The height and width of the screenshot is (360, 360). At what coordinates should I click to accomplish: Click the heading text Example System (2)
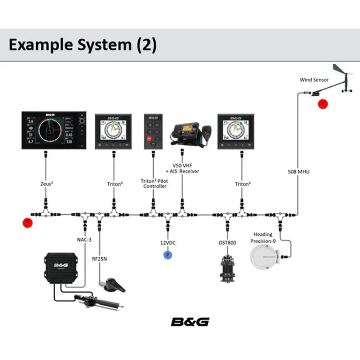tap(82, 45)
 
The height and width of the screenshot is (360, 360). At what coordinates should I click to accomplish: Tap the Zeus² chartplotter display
tap(54, 131)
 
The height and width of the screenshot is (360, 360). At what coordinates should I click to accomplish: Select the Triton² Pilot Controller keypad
tap(153, 131)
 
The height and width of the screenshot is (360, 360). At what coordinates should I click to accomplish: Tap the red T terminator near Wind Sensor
tap(322, 104)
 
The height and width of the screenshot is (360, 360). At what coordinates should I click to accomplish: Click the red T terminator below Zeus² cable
tap(28, 223)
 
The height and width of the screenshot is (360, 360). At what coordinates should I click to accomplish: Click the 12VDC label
tap(167, 243)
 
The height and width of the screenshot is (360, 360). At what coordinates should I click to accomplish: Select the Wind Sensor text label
tap(315, 80)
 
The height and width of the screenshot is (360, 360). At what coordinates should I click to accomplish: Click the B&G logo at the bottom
tap(190, 322)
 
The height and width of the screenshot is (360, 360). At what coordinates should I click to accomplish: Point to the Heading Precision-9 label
tap(263, 238)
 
